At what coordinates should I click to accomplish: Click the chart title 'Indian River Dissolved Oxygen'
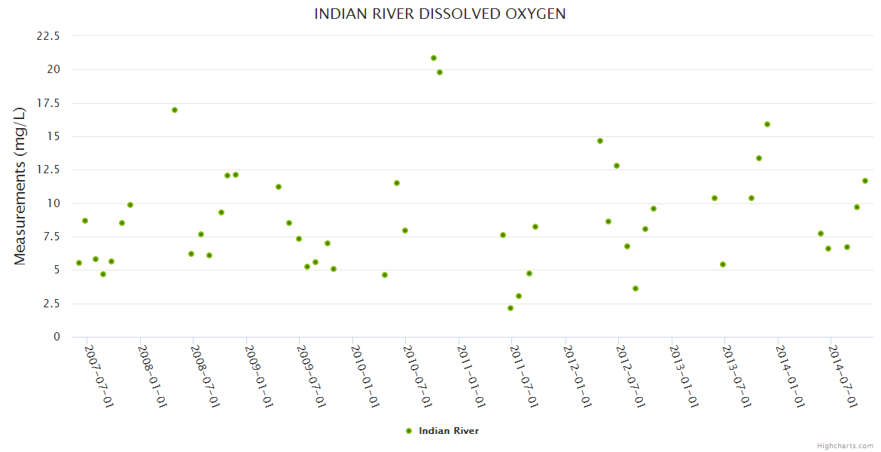pyautogui.click(x=440, y=14)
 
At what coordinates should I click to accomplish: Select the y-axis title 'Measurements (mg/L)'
pyautogui.click(x=20, y=186)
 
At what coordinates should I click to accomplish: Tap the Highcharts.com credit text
pyautogui.click(x=845, y=445)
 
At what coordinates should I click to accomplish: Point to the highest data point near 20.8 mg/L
pyautogui.click(x=434, y=58)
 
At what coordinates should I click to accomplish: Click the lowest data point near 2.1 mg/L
pyautogui.click(x=511, y=308)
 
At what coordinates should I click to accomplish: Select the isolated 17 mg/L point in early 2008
pyautogui.click(x=175, y=110)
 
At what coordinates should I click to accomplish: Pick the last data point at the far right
pyautogui.click(x=865, y=181)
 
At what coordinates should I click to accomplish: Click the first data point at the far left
pyautogui.click(x=79, y=263)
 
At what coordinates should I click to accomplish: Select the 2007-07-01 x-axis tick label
pyautogui.click(x=99, y=377)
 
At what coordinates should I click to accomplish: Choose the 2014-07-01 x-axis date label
pyautogui.click(x=843, y=377)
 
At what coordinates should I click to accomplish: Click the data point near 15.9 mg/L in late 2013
pyautogui.click(x=767, y=124)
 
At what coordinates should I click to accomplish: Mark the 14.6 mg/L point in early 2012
pyautogui.click(x=600, y=141)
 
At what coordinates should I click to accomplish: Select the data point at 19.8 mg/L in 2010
pyautogui.click(x=440, y=72)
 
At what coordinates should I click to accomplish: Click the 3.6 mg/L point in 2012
pyautogui.click(x=636, y=289)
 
